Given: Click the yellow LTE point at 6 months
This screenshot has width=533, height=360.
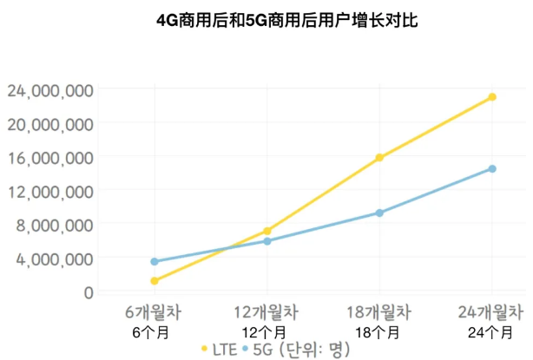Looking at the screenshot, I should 154,281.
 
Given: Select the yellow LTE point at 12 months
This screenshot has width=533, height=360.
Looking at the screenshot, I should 266,231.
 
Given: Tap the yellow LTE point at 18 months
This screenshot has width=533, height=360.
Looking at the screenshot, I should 379,158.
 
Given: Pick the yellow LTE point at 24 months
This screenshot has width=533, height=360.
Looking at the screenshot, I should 492,96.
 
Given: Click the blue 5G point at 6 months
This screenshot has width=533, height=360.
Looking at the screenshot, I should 154,261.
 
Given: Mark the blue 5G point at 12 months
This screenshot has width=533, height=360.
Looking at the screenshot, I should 266,241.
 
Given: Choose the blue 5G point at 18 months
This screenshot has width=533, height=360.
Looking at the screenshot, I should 379,213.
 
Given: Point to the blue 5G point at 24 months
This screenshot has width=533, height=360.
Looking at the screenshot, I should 492,168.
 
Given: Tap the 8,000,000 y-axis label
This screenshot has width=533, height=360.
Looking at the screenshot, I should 51,225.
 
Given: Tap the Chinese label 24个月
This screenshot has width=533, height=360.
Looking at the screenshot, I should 492,331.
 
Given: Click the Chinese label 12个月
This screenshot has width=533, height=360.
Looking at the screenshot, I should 266,331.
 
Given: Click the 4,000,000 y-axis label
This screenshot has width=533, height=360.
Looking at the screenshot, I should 51,259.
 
